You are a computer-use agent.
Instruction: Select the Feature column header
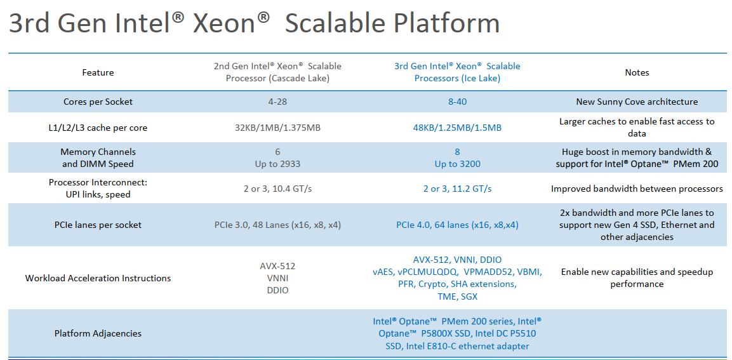tap(98, 72)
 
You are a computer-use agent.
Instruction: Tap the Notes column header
tap(637, 72)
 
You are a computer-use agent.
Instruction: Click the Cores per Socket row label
tap(98, 102)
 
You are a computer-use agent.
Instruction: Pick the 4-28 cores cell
tap(278, 102)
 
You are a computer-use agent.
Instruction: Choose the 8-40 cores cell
tap(457, 102)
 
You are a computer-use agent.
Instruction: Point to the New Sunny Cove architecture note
tap(637, 102)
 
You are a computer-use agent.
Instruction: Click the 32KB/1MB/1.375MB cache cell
tap(278, 128)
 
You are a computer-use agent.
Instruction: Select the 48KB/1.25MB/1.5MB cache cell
tap(457, 128)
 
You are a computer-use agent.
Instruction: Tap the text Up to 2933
tap(278, 164)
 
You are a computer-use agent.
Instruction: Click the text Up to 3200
tap(457, 164)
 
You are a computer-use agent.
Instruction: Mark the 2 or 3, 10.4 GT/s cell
tap(278, 189)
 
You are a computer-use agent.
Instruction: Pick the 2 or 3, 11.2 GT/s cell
tap(457, 189)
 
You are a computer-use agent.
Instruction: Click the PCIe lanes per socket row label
tap(98, 225)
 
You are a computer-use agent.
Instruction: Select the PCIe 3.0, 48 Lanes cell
tap(278, 225)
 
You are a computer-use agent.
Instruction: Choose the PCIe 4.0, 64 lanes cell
tap(457, 225)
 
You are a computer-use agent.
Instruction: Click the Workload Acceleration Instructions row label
tap(98, 278)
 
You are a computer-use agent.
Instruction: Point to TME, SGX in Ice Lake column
tap(457, 297)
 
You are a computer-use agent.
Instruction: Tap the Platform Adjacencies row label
tap(98, 333)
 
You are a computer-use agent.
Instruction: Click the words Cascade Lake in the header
tap(299, 79)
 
